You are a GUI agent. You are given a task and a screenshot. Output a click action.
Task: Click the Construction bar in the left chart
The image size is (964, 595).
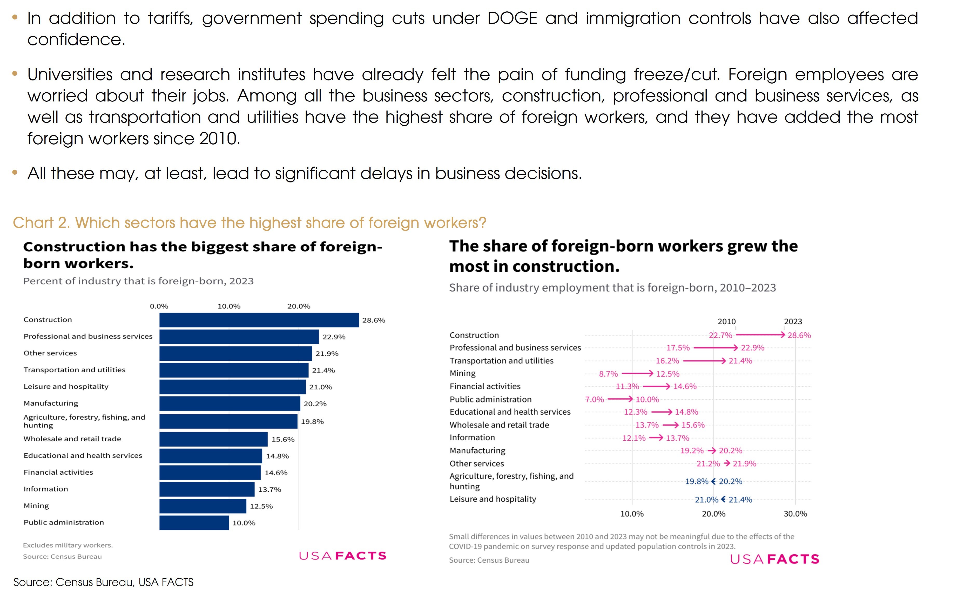[259, 320]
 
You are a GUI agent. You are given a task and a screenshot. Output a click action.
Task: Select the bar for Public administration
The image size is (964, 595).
[194, 523]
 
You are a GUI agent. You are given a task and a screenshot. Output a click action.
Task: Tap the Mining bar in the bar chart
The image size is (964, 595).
[203, 506]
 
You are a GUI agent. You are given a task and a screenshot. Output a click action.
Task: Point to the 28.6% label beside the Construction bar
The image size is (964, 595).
[374, 320]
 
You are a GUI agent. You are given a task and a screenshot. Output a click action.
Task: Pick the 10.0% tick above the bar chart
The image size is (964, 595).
[229, 306]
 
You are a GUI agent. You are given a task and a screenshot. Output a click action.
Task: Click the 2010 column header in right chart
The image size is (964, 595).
[726, 322]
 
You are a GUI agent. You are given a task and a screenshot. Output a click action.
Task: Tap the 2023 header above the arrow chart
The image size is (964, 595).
[793, 322]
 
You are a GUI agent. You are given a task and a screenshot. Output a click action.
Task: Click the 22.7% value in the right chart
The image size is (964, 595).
[720, 335]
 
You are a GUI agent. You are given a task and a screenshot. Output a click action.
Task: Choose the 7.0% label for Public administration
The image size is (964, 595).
[594, 399]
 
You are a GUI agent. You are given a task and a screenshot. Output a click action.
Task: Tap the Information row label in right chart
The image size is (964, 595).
[472, 437]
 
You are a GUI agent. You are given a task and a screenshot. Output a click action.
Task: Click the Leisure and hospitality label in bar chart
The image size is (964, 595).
[66, 386]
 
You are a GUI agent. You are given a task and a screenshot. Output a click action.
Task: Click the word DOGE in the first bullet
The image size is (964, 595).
[512, 18]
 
